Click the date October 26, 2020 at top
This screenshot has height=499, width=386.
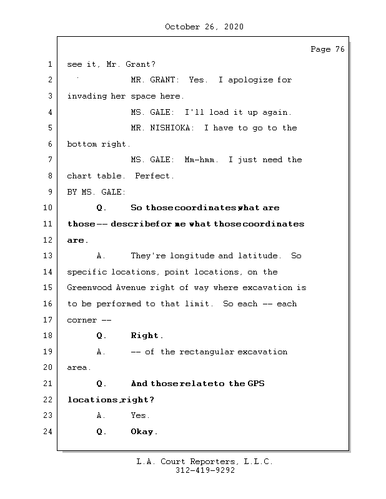(x=204, y=27)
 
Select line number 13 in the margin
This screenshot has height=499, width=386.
(x=49, y=256)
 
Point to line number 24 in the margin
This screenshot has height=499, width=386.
(x=49, y=432)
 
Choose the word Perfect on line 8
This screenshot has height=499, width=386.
(x=154, y=176)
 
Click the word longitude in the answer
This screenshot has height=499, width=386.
(x=191, y=256)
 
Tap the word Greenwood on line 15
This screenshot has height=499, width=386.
(x=89, y=288)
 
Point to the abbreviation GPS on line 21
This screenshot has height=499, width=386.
(x=255, y=384)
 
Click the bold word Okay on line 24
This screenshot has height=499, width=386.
(x=143, y=432)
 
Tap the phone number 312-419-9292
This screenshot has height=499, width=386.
(x=205, y=471)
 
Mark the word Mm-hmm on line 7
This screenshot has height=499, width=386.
(x=201, y=160)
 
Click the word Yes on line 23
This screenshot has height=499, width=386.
(x=139, y=415)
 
